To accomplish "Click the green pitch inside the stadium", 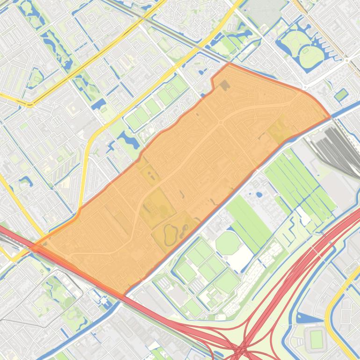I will click(317, 339).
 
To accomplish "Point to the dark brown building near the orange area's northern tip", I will click(225, 85).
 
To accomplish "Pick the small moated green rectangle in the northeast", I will click(341, 95).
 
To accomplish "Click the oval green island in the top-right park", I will click(311, 56).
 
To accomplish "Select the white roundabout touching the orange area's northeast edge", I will click(304, 87).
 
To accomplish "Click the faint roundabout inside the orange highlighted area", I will click(220, 122).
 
